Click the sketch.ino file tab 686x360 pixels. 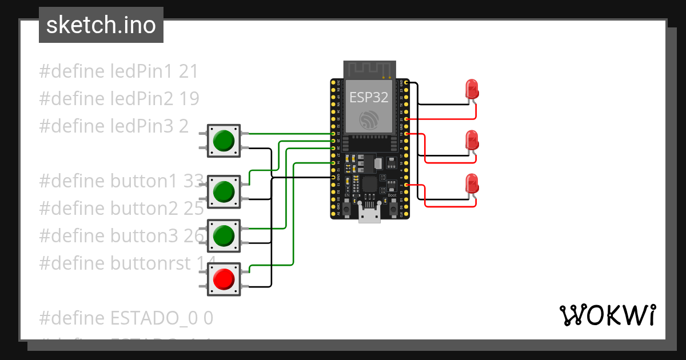click(x=101, y=25)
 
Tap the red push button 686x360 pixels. click(x=223, y=279)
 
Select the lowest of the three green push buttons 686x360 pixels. click(x=223, y=235)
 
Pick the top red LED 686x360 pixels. click(x=472, y=89)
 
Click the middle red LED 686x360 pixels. click(x=472, y=140)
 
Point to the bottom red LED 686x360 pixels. click(x=472, y=183)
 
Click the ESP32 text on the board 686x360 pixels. click(x=369, y=97)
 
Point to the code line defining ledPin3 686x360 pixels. click(x=113, y=126)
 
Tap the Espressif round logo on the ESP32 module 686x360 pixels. click(x=369, y=120)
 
